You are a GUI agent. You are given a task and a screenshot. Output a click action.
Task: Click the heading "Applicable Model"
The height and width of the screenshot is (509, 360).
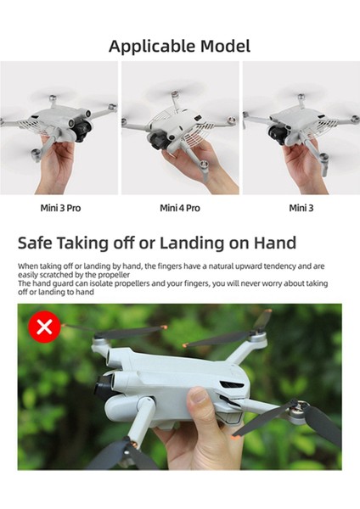179,46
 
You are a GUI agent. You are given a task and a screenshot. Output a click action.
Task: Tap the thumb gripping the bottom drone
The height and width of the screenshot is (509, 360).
200,403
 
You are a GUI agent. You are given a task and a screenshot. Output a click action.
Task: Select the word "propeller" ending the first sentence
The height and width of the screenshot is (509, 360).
101,274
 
